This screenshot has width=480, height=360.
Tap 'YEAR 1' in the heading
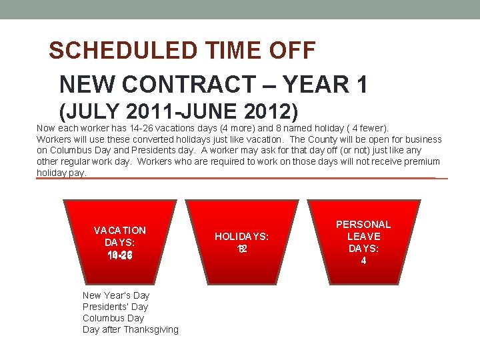tap(329, 85)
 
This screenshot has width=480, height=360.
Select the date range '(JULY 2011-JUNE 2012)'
tap(179, 111)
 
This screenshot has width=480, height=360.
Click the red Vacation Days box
tap(120, 240)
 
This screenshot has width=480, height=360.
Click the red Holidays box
tap(241, 240)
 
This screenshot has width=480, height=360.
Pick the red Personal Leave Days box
tap(363, 240)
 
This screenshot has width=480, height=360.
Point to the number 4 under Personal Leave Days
tap(363, 261)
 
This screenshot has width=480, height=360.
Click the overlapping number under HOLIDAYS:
tap(242, 249)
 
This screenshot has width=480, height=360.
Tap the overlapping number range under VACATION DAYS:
tap(120, 255)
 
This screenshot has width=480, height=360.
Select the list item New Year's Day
tap(116, 295)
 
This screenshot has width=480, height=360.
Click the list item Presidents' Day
tap(115, 307)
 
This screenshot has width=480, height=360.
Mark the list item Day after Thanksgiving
tap(131, 329)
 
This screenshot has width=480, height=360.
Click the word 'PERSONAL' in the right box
tap(363, 225)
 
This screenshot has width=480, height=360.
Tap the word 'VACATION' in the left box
tap(120, 231)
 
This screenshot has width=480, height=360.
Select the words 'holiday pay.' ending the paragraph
tap(61, 173)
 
